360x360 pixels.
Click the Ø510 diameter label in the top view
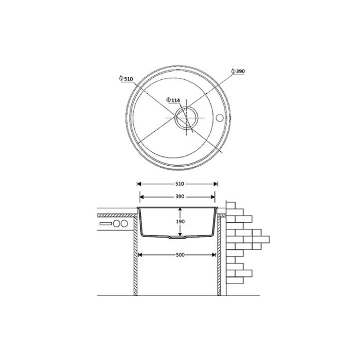126,79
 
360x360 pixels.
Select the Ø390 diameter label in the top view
238,71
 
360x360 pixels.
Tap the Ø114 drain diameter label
173,100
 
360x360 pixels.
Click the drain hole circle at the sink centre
186,118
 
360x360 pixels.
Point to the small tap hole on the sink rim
220,117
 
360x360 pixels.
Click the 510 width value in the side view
180,184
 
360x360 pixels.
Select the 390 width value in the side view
180,196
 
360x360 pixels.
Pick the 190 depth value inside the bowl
180,222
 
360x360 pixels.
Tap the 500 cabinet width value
180,254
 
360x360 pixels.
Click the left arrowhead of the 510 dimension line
139,184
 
